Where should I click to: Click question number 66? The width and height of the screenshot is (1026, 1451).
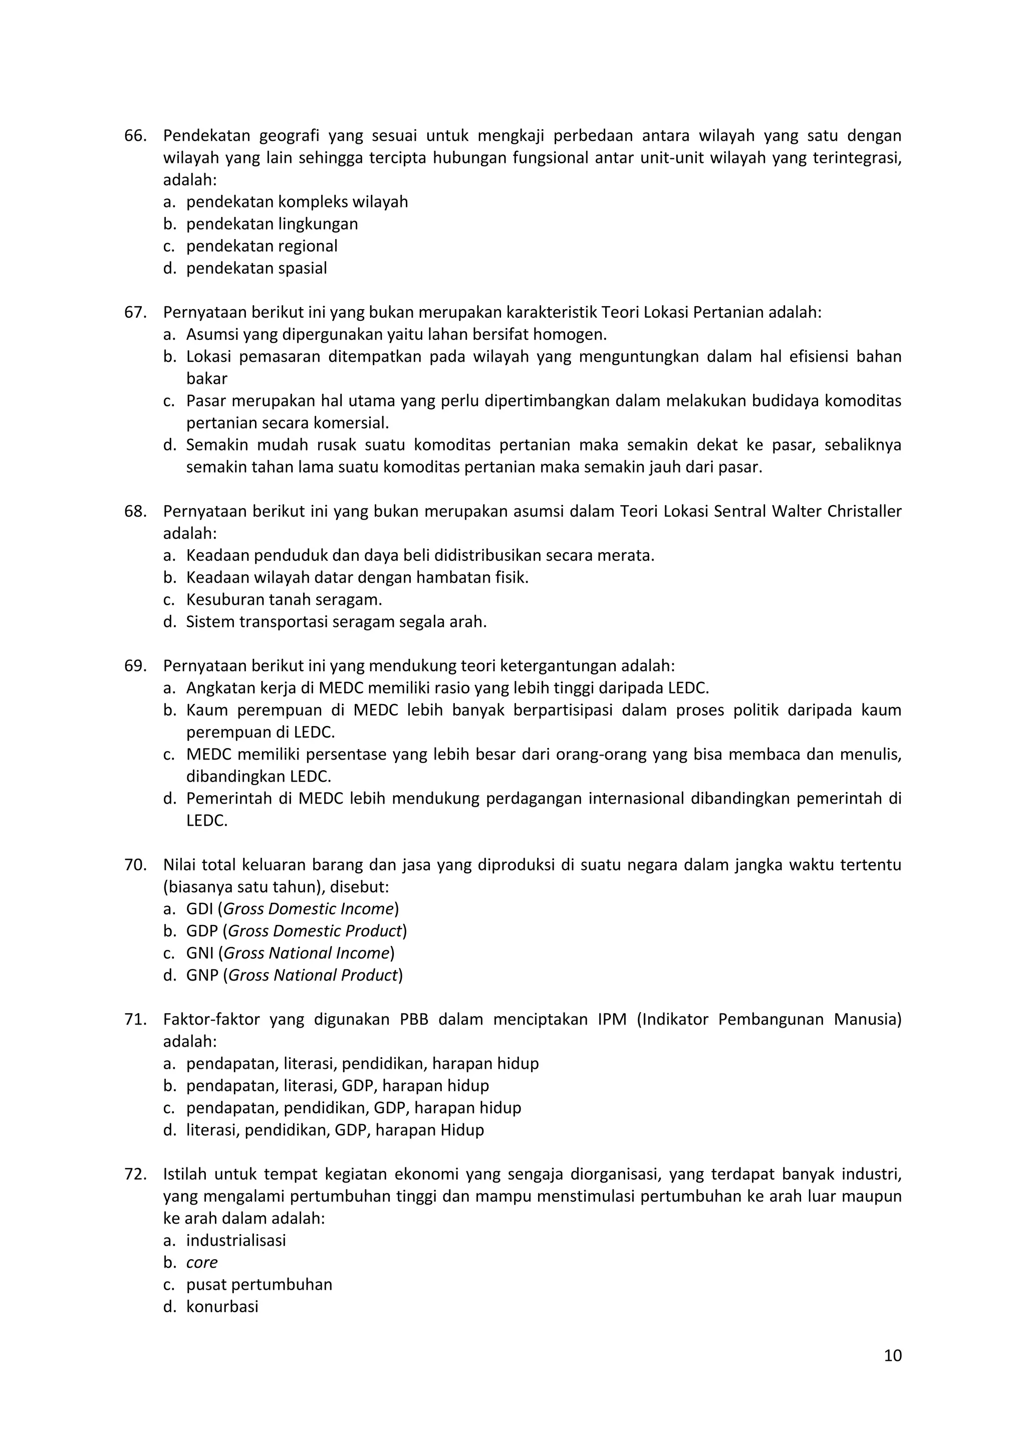point(135,136)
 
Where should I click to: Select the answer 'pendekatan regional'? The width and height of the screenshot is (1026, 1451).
point(262,246)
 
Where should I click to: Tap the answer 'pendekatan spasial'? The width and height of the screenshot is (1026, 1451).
point(256,268)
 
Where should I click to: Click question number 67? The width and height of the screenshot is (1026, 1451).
point(135,312)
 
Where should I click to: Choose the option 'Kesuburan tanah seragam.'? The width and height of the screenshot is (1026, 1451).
point(284,599)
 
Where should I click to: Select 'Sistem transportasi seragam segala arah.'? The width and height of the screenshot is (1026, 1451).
point(336,621)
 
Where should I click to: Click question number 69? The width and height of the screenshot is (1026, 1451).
point(135,665)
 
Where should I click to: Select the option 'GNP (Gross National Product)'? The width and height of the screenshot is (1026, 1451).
point(295,975)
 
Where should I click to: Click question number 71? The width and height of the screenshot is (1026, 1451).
point(135,1020)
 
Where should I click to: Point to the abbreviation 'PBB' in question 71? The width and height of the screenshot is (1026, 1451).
point(414,1020)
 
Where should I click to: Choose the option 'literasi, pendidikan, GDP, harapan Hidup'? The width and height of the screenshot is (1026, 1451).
point(335,1129)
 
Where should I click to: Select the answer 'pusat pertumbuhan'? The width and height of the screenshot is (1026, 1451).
point(259,1284)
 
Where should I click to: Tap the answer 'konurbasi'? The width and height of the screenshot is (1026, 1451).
point(222,1306)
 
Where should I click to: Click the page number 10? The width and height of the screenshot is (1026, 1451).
point(893,1356)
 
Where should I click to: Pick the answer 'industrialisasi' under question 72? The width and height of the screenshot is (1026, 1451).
point(235,1240)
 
